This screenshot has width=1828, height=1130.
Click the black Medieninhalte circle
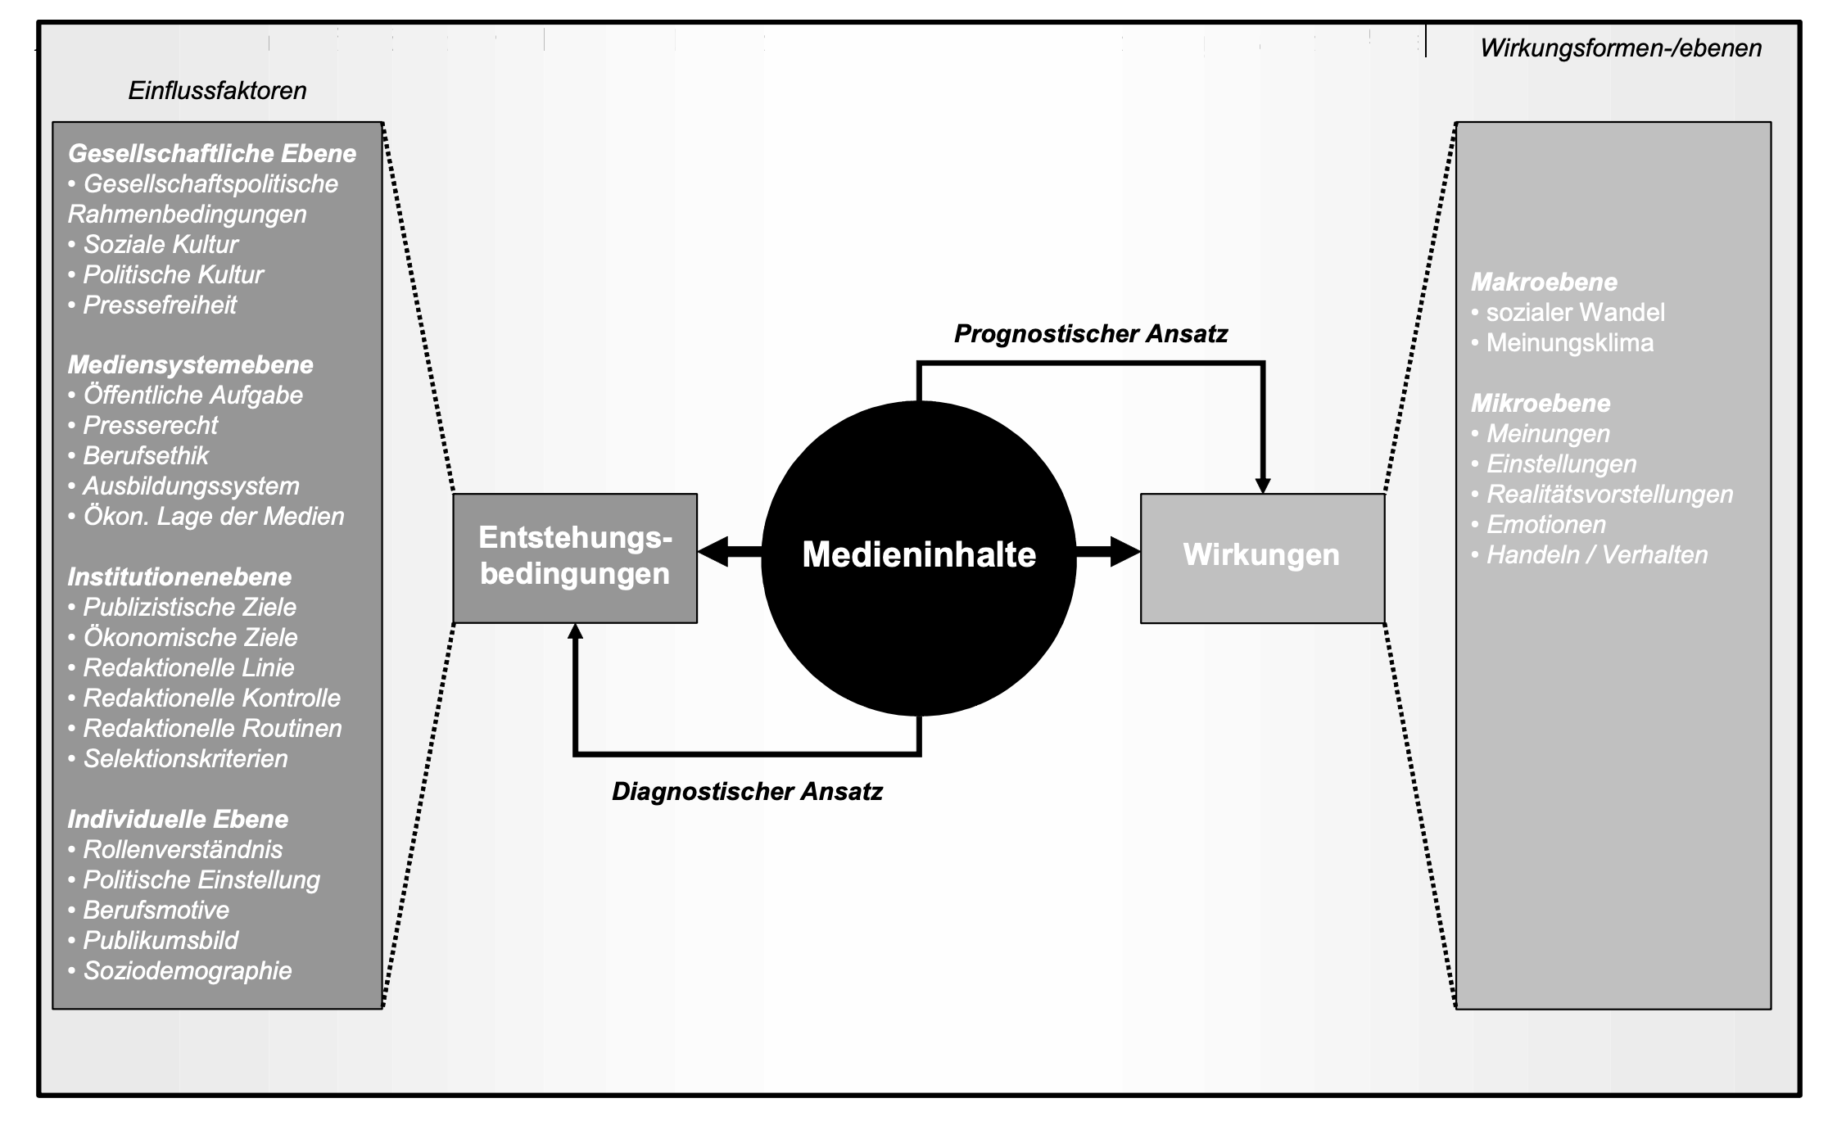point(918,557)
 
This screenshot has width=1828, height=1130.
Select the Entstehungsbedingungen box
point(575,557)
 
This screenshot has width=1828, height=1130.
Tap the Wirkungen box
point(1261,557)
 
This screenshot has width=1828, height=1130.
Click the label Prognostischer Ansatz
point(1090,334)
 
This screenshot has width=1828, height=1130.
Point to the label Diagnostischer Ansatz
point(747,792)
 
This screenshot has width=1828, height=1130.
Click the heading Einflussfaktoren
point(217,91)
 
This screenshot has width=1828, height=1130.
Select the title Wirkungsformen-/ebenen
point(1621,48)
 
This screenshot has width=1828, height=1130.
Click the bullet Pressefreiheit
point(159,305)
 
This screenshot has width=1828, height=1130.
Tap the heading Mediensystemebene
point(190,365)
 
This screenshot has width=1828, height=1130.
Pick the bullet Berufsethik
point(145,456)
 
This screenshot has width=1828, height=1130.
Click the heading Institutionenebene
point(179,577)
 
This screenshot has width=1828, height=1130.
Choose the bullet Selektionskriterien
point(185,759)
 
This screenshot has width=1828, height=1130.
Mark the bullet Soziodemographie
point(187,971)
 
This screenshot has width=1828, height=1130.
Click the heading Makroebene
point(1544,282)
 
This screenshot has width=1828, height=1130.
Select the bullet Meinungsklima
point(1569,343)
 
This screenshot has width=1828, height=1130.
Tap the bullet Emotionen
point(1545,525)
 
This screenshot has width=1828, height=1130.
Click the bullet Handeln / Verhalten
point(1596,555)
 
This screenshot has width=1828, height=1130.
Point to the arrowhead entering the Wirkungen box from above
point(1263,485)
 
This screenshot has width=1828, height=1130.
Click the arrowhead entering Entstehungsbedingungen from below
point(575,631)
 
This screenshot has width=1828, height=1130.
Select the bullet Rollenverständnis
point(182,850)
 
